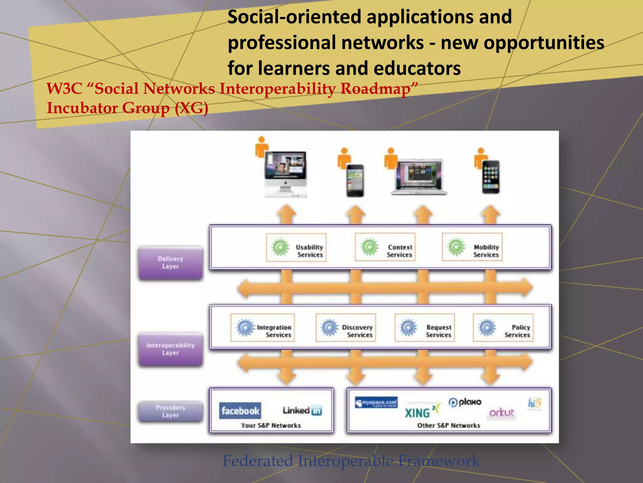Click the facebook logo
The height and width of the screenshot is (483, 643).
click(240, 411)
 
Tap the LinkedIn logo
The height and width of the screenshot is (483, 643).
click(302, 410)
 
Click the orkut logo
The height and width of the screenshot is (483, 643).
click(502, 412)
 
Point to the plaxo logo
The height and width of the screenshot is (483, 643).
click(465, 402)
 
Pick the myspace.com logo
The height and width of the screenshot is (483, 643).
click(376, 402)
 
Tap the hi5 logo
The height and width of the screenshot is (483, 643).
click(534, 403)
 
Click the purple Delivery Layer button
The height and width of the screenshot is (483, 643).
click(170, 263)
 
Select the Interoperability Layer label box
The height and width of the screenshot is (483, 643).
click(170, 349)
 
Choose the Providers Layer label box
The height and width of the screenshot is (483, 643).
click(170, 411)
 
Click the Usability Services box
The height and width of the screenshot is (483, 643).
click(296, 247)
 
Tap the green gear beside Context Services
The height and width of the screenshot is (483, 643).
click(370, 247)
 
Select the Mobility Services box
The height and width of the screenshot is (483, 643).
click(472, 247)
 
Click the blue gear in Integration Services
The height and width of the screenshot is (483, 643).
click(245, 327)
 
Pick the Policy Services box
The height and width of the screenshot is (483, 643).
click(503, 328)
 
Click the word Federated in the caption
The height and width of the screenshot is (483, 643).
click(257, 461)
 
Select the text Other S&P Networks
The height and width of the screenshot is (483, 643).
click(449, 425)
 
